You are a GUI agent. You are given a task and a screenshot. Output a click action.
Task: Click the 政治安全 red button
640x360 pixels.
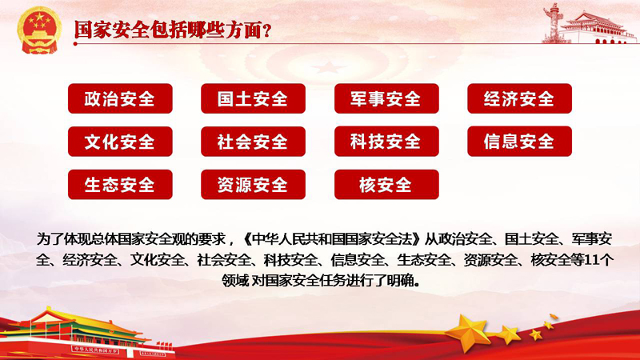(x=120, y=98)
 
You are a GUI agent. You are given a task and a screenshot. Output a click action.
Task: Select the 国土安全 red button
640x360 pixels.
(x=253, y=98)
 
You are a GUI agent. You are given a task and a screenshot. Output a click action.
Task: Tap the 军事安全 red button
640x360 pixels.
(x=386, y=98)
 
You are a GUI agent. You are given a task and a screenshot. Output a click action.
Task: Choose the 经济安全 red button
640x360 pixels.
(x=519, y=98)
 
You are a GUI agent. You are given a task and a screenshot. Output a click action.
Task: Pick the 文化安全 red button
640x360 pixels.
(x=120, y=142)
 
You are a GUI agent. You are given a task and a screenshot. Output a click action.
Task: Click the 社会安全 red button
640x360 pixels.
(x=253, y=142)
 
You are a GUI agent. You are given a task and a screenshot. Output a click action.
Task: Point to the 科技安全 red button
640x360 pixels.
(x=386, y=142)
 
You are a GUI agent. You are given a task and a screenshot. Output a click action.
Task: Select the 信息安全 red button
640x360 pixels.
(x=519, y=142)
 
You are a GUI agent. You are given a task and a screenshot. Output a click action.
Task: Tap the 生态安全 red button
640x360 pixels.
(x=120, y=185)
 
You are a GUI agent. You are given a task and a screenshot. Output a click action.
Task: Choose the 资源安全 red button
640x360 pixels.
(x=253, y=185)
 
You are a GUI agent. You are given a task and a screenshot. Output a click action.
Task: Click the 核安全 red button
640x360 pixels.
(x=386, y=185)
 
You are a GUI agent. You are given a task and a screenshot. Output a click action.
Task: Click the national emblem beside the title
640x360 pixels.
(x=39, y=30)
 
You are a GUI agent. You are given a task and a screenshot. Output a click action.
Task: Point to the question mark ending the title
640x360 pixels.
(x=267, y=31)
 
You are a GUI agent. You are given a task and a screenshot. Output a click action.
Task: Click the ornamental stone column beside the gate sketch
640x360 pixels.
(x=553, y=22)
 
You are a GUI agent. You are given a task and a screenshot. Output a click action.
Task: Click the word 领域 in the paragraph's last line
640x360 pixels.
(x=234, y=281)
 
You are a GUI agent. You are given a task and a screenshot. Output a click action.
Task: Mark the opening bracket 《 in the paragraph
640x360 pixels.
(x=247, y=238)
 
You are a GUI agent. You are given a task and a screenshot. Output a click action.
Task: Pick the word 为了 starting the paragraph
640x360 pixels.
(x=50, y=238)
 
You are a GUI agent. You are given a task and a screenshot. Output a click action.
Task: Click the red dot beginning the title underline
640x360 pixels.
(x=75, y=43)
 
